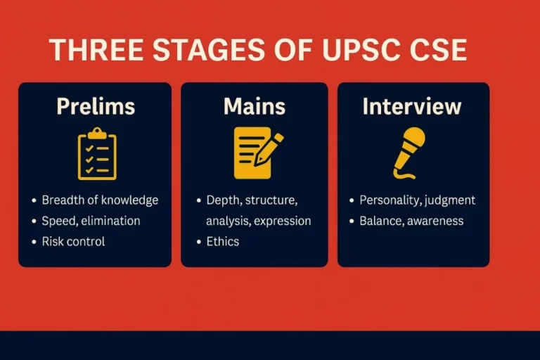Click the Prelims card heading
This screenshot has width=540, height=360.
click(x=95, y=106)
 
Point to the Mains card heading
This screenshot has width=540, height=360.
click(x=255, y=106)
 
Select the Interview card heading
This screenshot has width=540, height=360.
click(x=412, y=106)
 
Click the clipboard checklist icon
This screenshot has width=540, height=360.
click(x=97, y=153)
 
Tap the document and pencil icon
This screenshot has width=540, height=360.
click(x=256, y=153)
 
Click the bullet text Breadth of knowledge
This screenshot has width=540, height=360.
click(x=100, y=200)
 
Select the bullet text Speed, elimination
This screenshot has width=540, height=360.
click(x=91, y=221)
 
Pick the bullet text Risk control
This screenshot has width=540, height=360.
click(x=73, y=241)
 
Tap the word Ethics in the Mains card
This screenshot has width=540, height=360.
click(x=222, y=241)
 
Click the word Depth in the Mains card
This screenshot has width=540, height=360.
click(x=222, y=200)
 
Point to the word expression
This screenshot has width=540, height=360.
click(x=283, y=221)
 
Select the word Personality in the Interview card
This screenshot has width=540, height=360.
click(x=388, y=200)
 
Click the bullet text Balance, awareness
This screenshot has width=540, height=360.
click(x=411, y=221)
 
